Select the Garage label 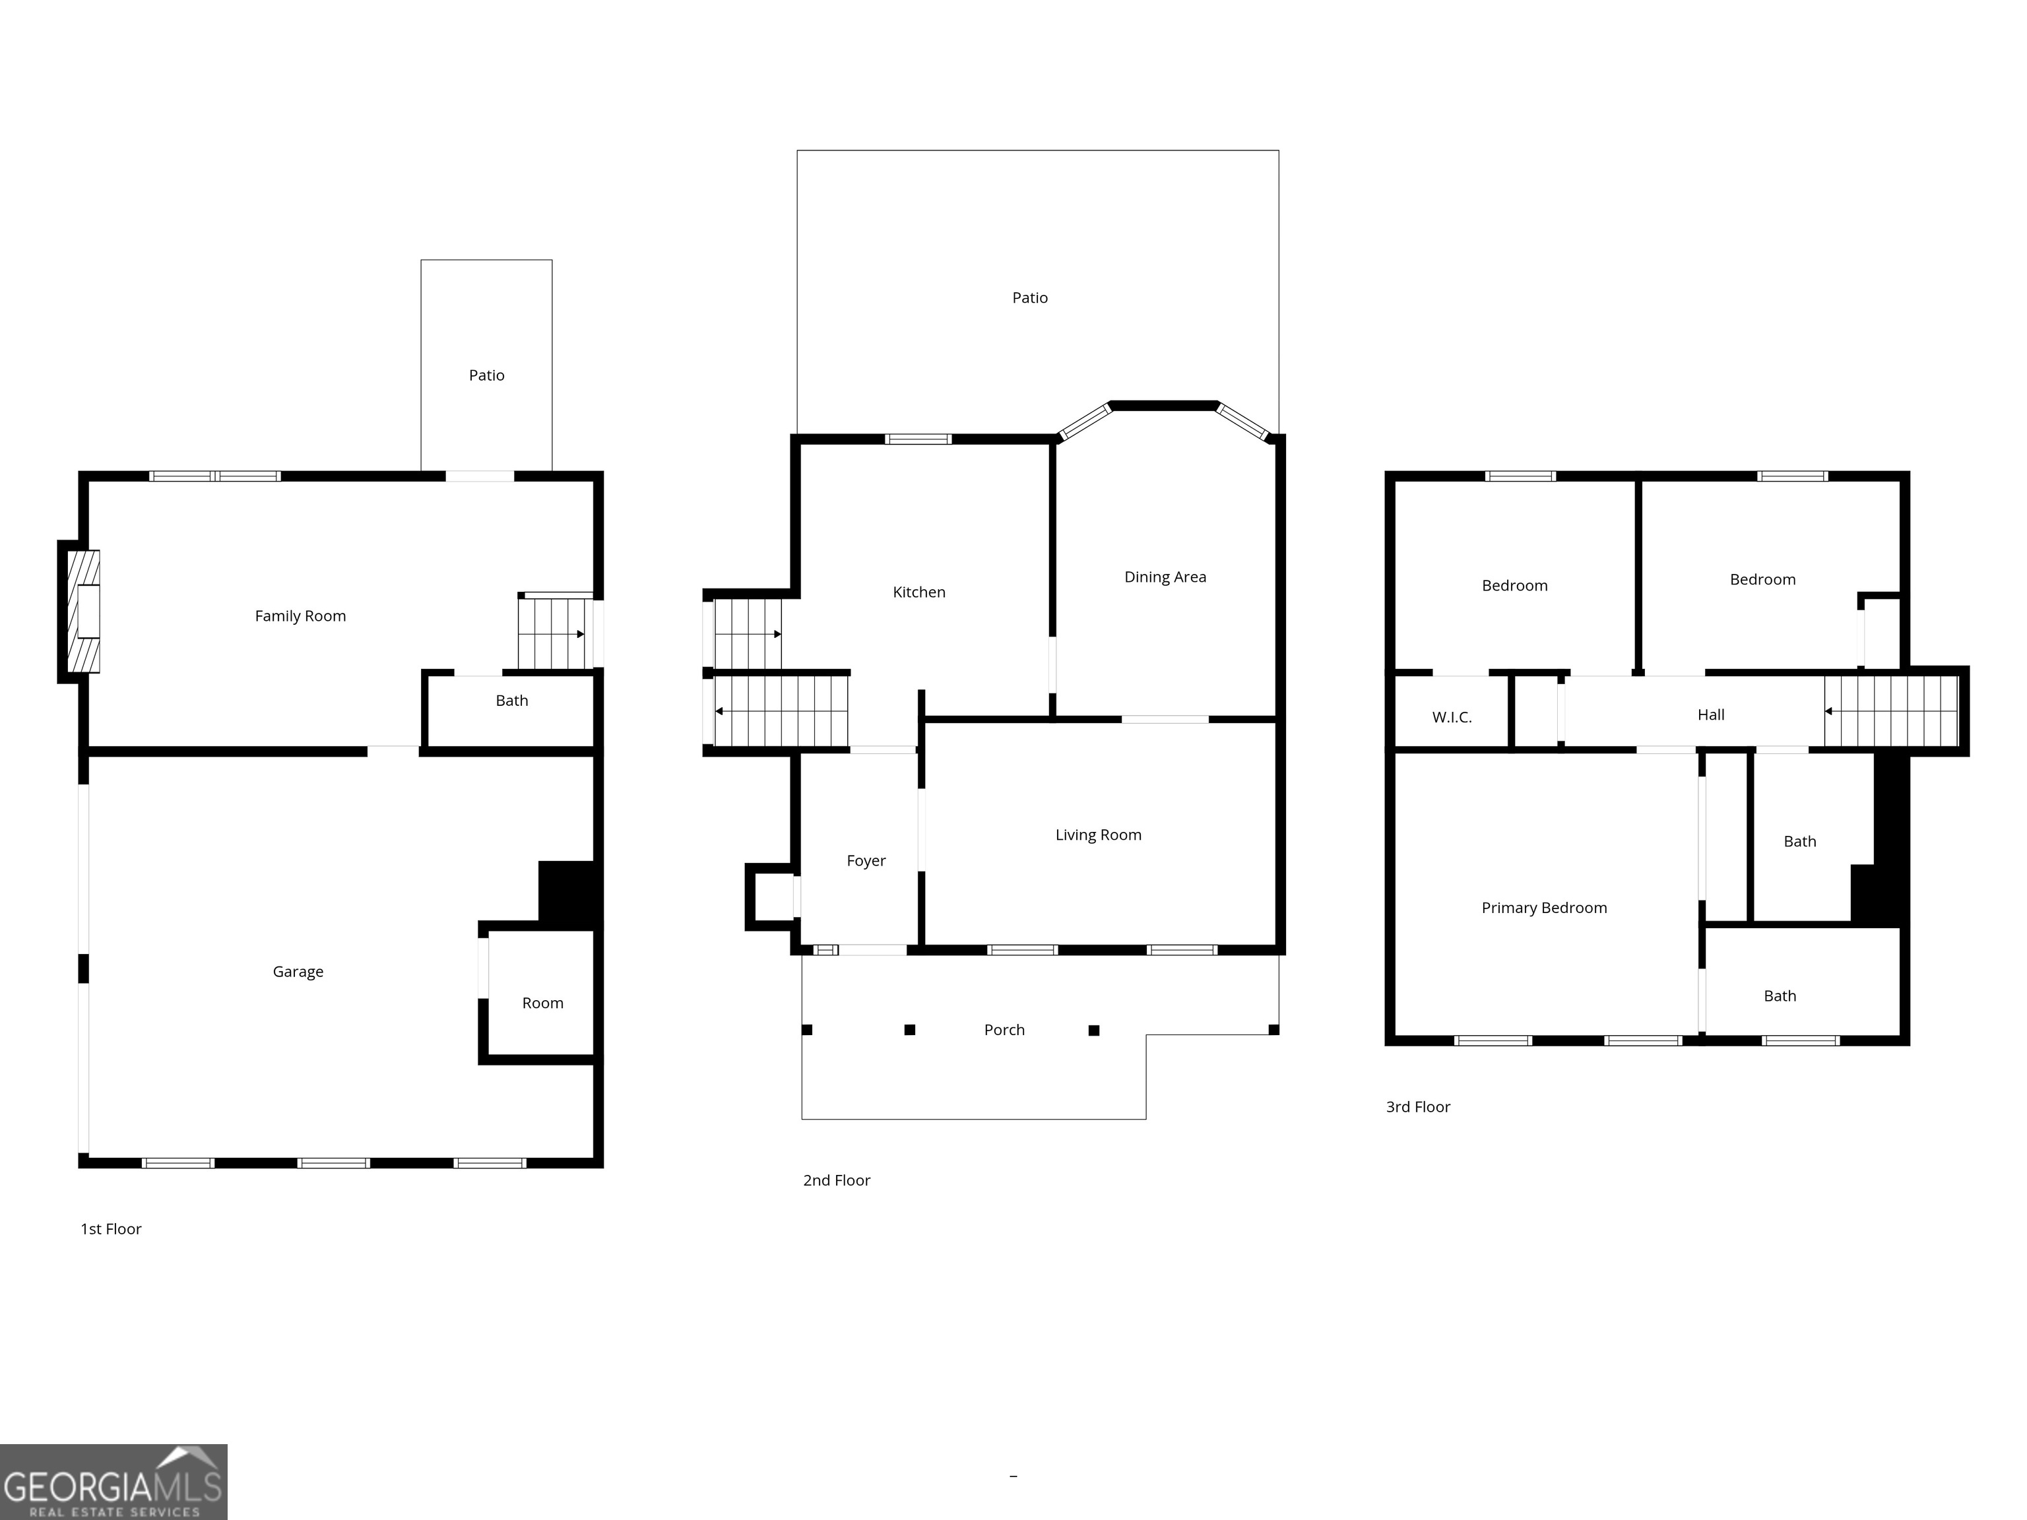pos(298,971)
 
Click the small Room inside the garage pos(542,1002)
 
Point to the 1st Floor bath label pos(511,700)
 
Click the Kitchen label pos(918,592)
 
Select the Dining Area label pos(1165,577)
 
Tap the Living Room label pos(1098,835)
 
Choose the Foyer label pos(866,860)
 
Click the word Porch pos(1004,1030)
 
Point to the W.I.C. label pos(1452,717)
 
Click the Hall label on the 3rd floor pos(1710,714)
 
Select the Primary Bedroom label pos(1543,907)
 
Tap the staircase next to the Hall pos(1890,711)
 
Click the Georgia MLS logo pos(113,1482)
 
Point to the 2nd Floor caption pos(836,1180)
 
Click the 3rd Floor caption pos(1417,1107)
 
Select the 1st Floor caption pos(111,1228)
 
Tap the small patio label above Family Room pos(486,375)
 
